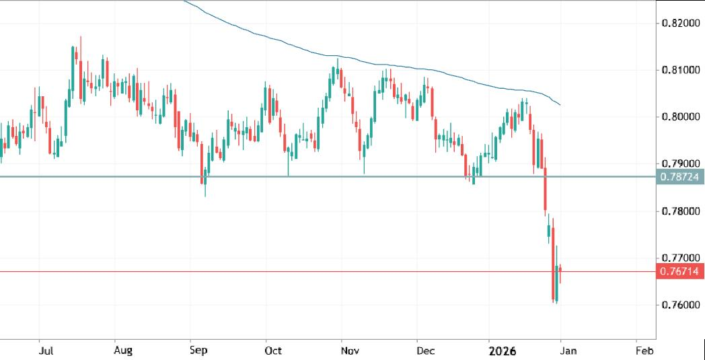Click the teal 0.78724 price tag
(680, 177)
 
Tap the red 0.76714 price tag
(680, 272)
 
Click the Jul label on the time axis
(46, 351)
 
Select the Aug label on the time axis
(123, 351)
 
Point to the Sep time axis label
(198, 351)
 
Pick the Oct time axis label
(273, 351)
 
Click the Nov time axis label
(348, 351)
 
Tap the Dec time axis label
(424, 351)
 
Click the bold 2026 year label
(503, 351)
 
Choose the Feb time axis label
(644, 351)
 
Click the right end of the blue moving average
(561, 105)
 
